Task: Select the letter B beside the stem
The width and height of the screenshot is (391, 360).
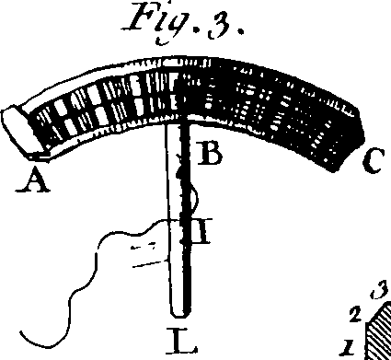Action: click(211, 156)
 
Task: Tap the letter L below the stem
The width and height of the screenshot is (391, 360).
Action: click(183, 345)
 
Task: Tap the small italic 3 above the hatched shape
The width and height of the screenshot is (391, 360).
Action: click(374, 295)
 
